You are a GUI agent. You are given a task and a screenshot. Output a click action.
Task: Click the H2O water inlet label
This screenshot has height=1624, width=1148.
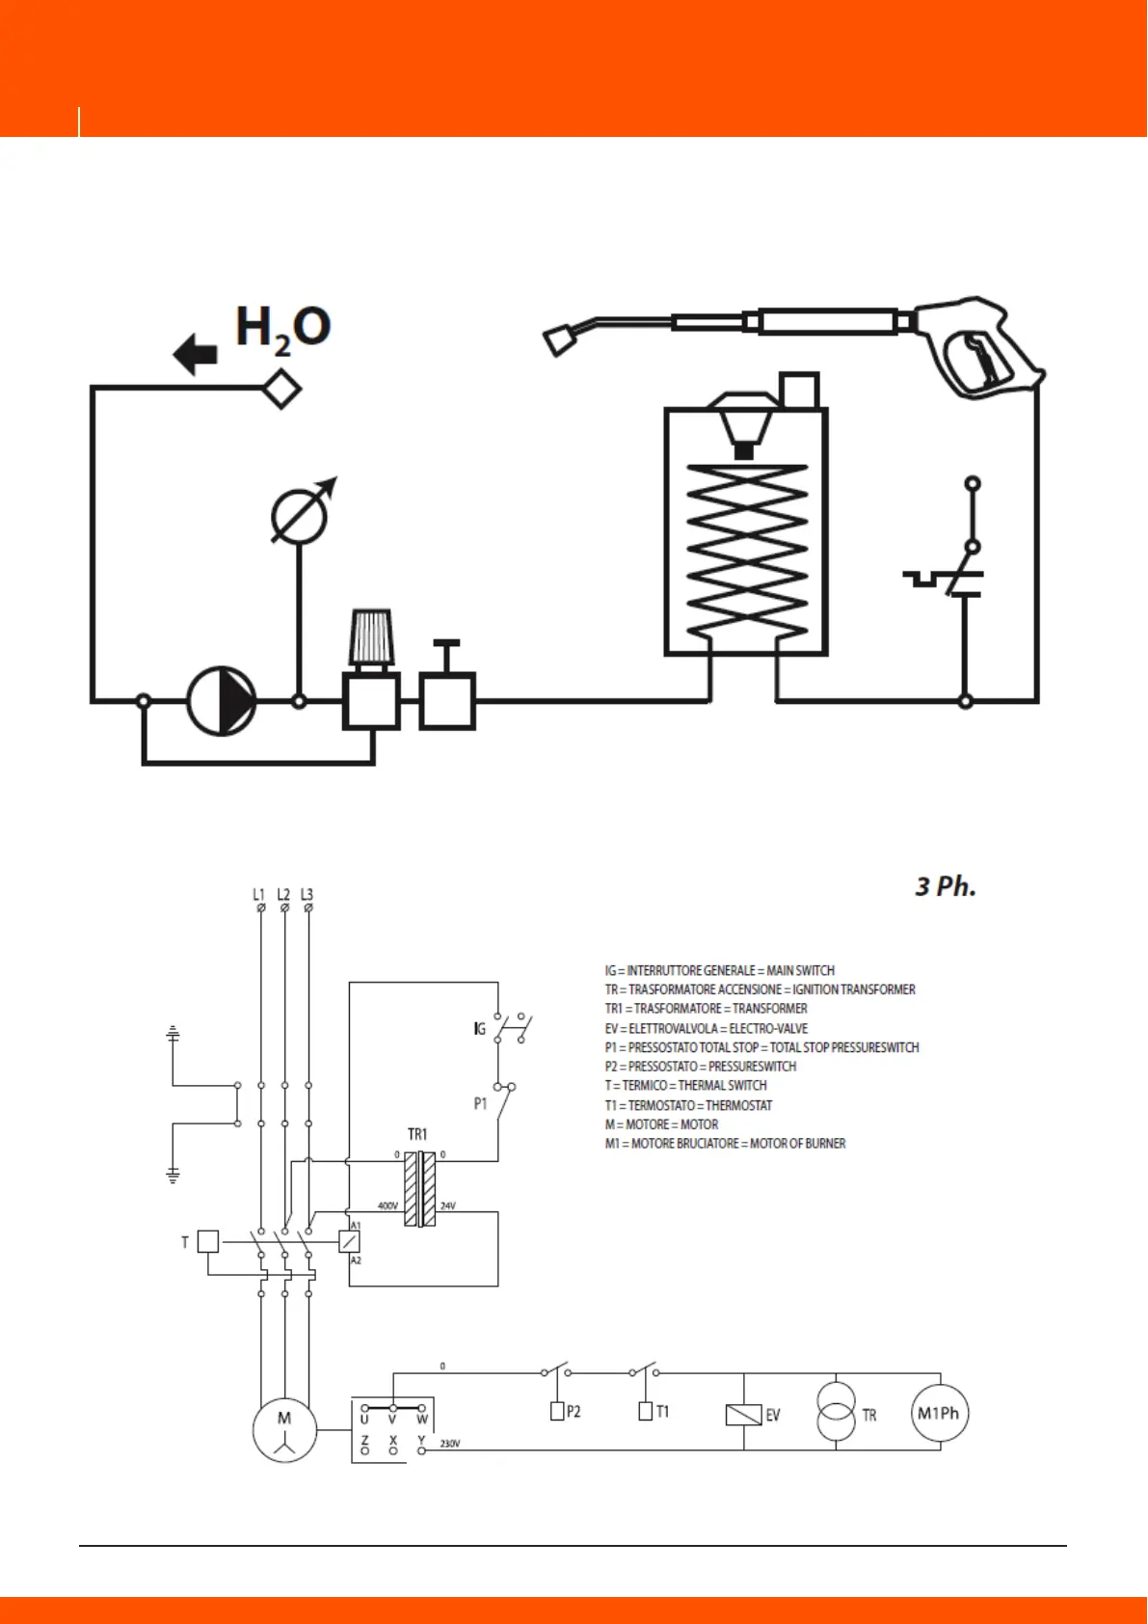(x=282, y=328)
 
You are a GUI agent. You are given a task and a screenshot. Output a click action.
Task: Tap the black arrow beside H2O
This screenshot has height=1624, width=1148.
(x=196, y=354)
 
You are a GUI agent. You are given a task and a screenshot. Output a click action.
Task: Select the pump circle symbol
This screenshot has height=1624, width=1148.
(x=221, y=701)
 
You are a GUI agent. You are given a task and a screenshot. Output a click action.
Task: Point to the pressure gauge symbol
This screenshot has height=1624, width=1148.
(x=300, y=516)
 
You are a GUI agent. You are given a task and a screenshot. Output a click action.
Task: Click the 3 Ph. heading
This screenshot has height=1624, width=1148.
(x=945, y=886)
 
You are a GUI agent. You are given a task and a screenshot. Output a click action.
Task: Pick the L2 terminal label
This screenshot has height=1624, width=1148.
(x=283, y=895)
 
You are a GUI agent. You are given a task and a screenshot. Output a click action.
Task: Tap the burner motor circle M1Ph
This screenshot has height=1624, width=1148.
(x=939, y=1414)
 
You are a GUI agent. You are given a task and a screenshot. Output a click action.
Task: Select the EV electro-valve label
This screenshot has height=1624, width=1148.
(x=772, y=1415)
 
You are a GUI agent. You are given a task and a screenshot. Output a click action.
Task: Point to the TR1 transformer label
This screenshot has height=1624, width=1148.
(x=417, y=1134)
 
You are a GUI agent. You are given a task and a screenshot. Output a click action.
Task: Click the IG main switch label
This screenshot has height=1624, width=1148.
(x=479, y=1029)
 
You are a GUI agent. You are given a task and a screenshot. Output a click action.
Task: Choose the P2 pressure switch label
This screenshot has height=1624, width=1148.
(x=574, y=1411)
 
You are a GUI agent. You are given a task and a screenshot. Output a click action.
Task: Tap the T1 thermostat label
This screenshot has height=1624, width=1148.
(x=662, y=1411)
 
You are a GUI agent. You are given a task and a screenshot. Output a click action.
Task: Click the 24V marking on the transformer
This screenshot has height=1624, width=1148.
(x=447, y=1205)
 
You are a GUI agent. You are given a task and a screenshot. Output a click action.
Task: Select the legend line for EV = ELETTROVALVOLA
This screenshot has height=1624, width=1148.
(x=706, y=1028)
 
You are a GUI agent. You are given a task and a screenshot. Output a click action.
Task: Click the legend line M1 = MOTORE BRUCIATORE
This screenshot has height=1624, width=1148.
(x=725, y=1143)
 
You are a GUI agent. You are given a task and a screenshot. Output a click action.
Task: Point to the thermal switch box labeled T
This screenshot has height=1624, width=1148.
(x=207, y=1241)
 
